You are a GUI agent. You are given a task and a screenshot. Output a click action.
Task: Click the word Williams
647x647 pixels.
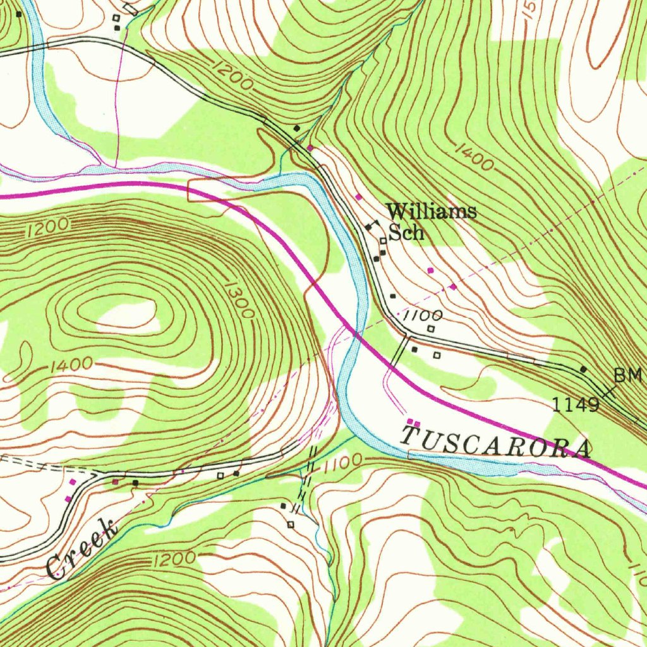tap(432, 212)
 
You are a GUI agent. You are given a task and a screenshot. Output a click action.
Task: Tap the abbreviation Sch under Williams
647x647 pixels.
tap(406, 233)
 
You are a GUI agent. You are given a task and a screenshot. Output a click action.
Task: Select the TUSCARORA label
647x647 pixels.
tap(497, 442)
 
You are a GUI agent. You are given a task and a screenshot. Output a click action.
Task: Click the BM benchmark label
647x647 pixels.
tap(628, 375)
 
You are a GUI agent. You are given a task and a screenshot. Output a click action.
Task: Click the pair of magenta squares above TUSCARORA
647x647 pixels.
tap(413, 422)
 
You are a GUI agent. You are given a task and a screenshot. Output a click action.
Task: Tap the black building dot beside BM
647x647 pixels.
tap(583, 369)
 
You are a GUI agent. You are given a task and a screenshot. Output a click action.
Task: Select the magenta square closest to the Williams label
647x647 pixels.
tap(359, 197)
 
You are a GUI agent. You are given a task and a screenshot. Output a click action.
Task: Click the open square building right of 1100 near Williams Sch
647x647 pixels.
tap(432, 329)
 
